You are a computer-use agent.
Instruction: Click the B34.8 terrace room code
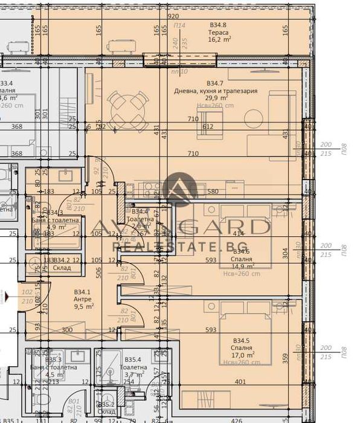point(218,25)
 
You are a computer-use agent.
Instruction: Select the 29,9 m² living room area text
point(216,98)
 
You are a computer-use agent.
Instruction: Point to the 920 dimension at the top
point(173,16)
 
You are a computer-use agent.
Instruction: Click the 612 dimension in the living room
point(208,126)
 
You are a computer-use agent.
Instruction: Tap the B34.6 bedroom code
point(241,251)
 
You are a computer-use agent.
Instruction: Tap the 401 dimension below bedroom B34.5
point(241,382)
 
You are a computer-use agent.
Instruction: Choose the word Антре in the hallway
point(83,299)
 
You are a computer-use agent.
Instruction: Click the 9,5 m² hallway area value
point(83,307)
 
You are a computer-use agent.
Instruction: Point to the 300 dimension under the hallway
point(68,330)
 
